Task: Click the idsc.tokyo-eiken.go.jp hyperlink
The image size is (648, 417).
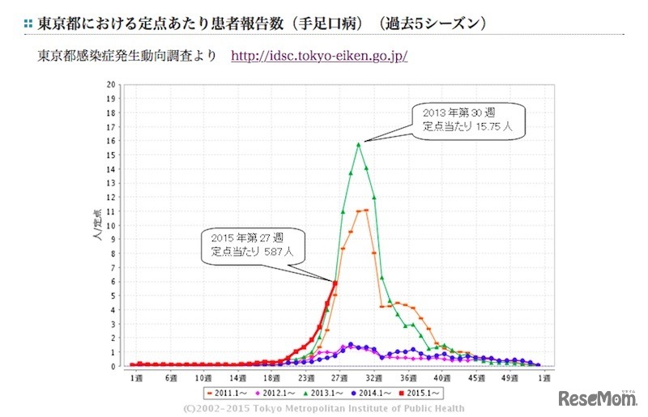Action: point(319,57)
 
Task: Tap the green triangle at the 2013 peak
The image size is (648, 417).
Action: point(358,144)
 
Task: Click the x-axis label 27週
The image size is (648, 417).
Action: point(336,377)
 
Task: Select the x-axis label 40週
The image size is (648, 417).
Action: point(442,377)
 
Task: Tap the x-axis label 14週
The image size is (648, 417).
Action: point(239,377)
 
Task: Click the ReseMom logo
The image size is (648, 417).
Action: point(597,398)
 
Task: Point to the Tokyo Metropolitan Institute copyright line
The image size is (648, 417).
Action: point(324,408)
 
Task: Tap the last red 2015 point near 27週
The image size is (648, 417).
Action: point(335,283)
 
